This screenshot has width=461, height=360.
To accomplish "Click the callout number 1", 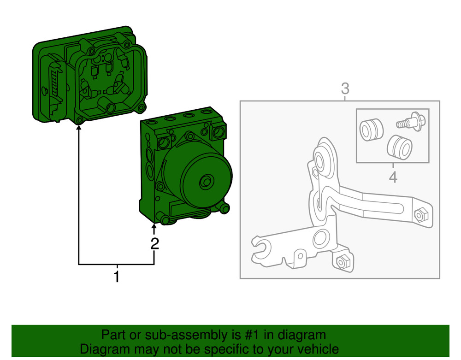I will point(117,277).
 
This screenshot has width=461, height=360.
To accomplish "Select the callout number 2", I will point(155,243).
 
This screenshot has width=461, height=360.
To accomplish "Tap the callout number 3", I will point(345,88).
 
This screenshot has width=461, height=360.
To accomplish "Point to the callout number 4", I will point(393,177).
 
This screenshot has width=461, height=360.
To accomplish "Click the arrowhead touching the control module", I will point(79,129).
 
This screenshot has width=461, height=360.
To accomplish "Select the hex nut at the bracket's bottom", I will point(342,261).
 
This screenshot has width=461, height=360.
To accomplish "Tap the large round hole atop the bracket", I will point(321,161).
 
